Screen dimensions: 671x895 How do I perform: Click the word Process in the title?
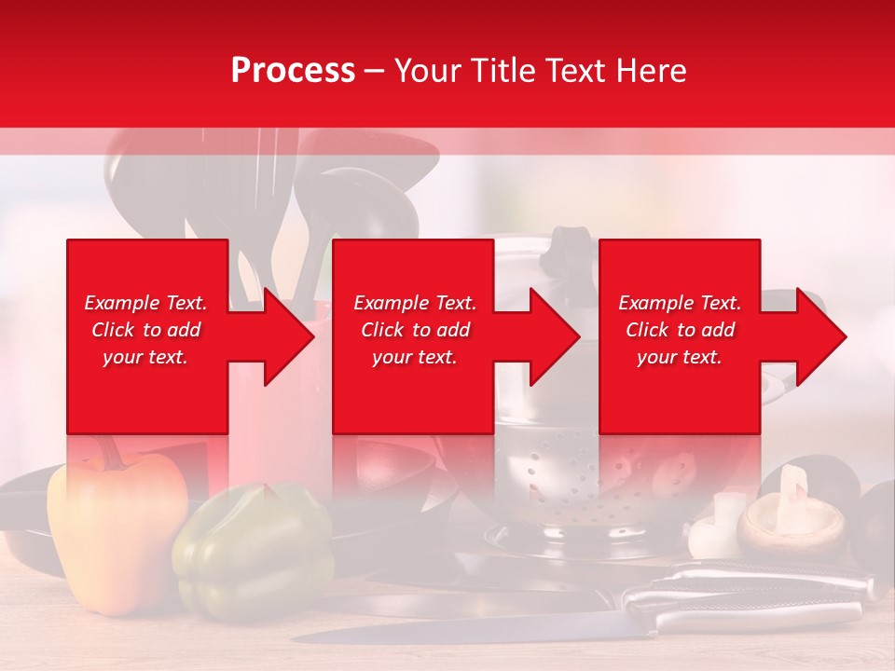293,70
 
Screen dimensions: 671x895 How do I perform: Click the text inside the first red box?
145,330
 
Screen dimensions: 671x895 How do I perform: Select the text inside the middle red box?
414,330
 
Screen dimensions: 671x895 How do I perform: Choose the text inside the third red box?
680,330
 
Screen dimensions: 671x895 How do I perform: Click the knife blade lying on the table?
466,632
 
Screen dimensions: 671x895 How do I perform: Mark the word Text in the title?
576,70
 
